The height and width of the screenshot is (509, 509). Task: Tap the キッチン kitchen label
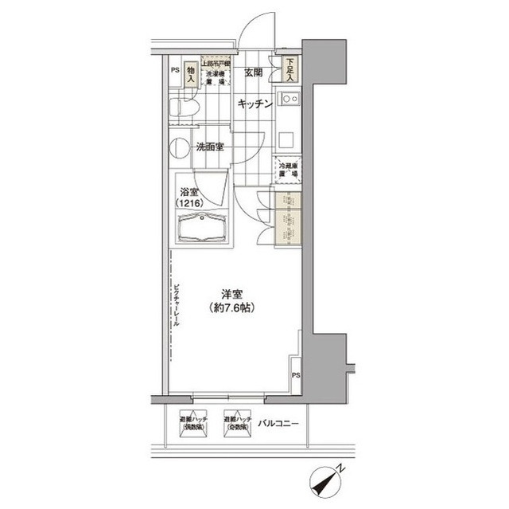click(254, 104)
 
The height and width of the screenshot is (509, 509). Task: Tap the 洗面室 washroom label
click(209, 147)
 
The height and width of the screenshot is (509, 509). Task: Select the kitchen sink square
click(287, 103)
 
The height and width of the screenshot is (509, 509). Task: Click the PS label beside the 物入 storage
click(173, 70)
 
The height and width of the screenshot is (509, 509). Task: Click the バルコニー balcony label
click(278, 424)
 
